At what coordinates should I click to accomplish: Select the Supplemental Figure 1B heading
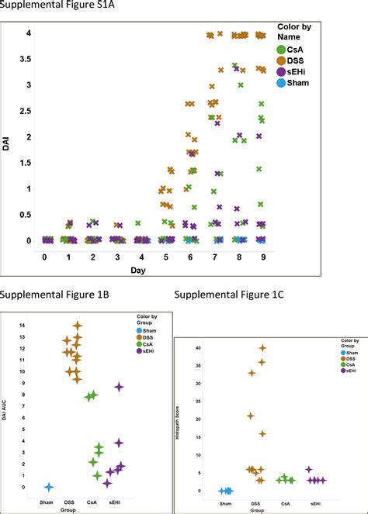coord(47,295)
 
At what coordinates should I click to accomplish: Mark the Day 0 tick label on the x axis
coord(45,256)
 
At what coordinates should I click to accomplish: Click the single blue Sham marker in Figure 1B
coord(48,487)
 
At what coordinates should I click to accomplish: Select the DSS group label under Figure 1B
coord(71,502)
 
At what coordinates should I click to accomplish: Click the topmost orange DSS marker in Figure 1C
coord(262,348)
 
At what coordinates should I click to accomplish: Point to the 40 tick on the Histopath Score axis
coord(200,347)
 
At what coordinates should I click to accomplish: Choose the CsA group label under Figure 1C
coord(286,503)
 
